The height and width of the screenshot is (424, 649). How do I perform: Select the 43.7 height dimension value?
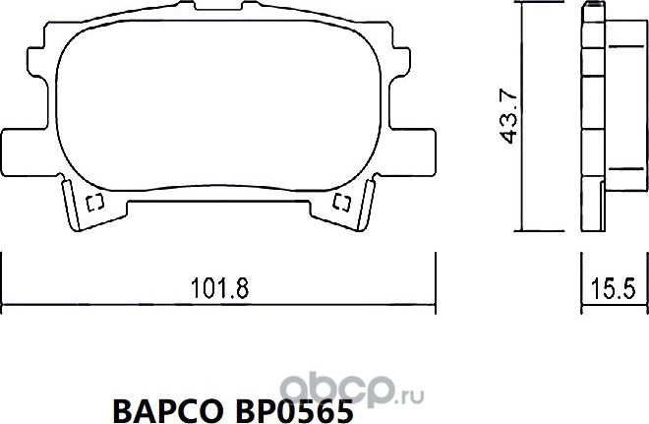508,115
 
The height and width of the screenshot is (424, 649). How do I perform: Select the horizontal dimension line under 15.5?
612,304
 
